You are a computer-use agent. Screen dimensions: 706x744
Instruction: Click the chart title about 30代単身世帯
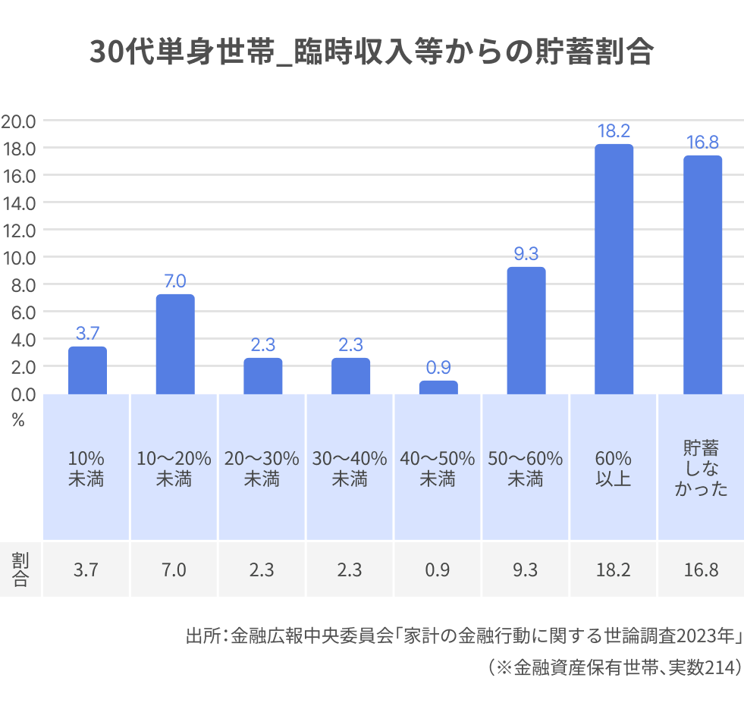tap(372, 52)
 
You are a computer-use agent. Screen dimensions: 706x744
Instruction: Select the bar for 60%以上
tap(614, 269)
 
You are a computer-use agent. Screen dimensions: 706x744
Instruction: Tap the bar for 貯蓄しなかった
tap(702, 275)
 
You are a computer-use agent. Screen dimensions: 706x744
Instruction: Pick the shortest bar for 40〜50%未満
tap(438, 388)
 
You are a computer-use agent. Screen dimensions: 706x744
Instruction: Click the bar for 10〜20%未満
tap(175, 344)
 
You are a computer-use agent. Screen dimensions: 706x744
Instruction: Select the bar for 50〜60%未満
tap(526, 331)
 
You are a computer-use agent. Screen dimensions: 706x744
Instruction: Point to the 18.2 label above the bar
tap(614, 131)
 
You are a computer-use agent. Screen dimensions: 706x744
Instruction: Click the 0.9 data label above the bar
tap(438, 368)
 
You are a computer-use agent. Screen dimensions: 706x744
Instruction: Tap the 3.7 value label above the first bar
tap(87, 333)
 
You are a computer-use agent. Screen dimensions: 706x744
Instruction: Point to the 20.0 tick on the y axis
tap(19, 121)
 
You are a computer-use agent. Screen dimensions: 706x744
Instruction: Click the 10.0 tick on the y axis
tap(19, 257)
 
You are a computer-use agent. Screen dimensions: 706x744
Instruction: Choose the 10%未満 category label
tap(86, 469)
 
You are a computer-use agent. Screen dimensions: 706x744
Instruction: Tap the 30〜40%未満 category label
tap(350, 469)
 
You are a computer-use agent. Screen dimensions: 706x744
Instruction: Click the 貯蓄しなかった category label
tap(702, 468)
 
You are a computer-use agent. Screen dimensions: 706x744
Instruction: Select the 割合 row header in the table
tap(20, 570)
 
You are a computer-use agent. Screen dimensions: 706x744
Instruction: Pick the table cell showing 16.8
tap(702, 570)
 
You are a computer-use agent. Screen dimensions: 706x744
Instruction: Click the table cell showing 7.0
tap(174, 570)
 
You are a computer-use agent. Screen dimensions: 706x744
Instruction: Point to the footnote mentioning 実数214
tap(614, 667)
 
